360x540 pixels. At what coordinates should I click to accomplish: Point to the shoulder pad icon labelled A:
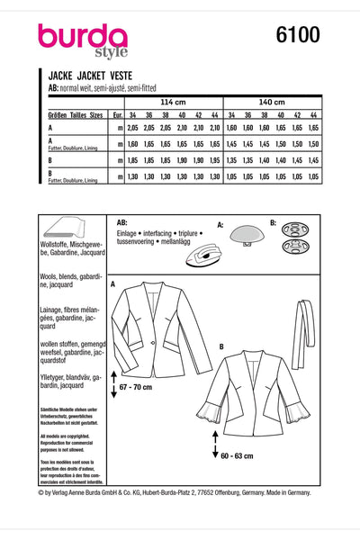pos(243,236)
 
